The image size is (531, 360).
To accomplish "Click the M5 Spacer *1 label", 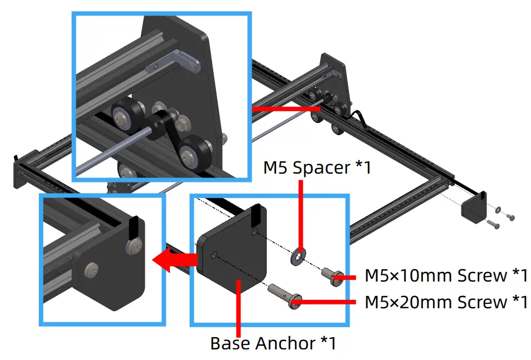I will click(x=317, y=167).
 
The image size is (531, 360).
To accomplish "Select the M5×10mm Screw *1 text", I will click(x=446, y=275).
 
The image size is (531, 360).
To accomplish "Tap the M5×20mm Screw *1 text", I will click(x=446, y=302).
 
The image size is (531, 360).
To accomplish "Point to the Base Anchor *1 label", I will click(x=273, y=343).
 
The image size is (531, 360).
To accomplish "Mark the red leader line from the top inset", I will click(x=284, y=110).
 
